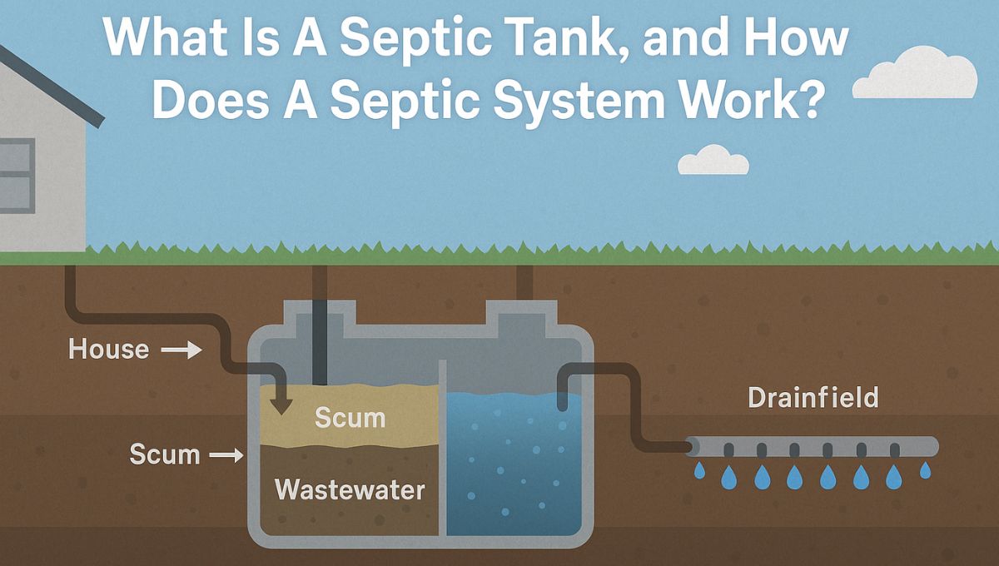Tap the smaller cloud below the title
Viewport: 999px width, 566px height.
click(713, 161)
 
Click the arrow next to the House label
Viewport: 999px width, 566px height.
click(181, 351)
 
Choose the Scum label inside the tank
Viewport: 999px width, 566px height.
click(350, 417)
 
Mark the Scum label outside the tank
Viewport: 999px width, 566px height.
click(164, 455)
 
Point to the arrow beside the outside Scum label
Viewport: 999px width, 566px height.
click(225, 456)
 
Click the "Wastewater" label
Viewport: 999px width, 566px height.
click(350, 489)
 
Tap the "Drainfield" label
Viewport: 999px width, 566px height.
click(813, 398)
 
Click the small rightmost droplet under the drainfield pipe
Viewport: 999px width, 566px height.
click(925, 470)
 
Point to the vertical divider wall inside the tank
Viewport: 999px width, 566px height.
click(442, 449)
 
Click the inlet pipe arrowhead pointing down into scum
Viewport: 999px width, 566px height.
click(282, 407)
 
